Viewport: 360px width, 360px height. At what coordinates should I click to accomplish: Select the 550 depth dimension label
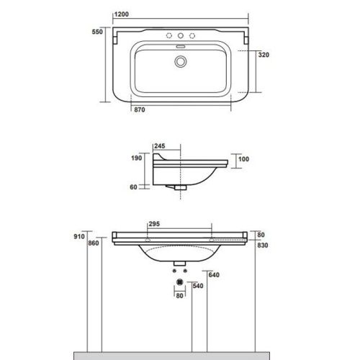[x=98, y=32]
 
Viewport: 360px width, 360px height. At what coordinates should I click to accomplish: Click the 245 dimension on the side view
[x=160, y=146]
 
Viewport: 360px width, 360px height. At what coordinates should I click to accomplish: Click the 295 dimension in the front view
[x=153, y=223]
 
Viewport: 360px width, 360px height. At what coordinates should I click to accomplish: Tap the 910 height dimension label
[x=79, y=236]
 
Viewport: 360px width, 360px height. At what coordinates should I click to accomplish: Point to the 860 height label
[x=93, y=244]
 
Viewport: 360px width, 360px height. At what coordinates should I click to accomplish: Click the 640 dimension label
[x=212, y=274]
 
